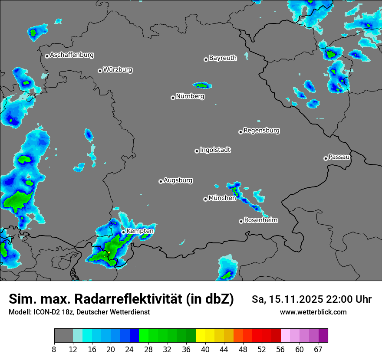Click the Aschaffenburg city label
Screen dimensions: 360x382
(72, 55)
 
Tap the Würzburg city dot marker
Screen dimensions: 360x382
(100, 71)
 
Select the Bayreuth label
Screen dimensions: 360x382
(223, 58)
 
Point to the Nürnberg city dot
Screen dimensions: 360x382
(173, 98)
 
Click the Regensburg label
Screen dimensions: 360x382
(261, 130)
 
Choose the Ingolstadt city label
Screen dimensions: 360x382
(215, 150)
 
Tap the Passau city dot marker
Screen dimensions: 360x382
(326, 158)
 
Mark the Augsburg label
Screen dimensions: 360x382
(178, 180)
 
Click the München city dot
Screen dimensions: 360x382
(205, 199)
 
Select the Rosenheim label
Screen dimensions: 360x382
(260, 220)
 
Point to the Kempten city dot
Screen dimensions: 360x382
(123, 232)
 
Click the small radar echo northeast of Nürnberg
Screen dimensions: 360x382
(202, 85)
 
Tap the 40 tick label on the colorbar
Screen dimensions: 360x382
(205, 349)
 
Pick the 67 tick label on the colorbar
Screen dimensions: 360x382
(318, 349)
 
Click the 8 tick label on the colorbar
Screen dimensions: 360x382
(54, 349)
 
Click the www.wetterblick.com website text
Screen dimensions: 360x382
(313, 312)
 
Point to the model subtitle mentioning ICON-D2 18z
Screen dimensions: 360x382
(79, 312)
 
